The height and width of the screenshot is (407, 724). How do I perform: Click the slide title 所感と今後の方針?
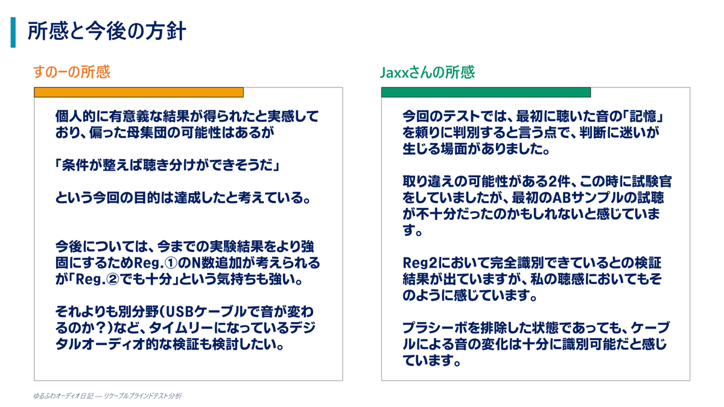pos(107,31)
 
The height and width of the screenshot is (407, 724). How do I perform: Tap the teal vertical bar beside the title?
pos(13,33)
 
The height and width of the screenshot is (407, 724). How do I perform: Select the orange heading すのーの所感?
pos(72,72)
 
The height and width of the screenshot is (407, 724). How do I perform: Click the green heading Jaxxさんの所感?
pos(427,72)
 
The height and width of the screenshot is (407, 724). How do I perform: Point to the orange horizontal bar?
pos(139,92)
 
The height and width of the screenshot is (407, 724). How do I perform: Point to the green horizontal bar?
pos(486,92)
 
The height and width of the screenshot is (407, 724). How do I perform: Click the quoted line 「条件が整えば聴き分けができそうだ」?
pos(168,165)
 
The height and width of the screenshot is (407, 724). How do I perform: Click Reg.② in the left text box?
pos(97,279)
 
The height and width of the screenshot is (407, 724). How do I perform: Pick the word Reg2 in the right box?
pos(419,263)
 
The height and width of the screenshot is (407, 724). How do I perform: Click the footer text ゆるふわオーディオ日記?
pos(63,396)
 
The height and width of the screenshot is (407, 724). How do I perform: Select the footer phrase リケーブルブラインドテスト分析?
pos(142,396)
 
